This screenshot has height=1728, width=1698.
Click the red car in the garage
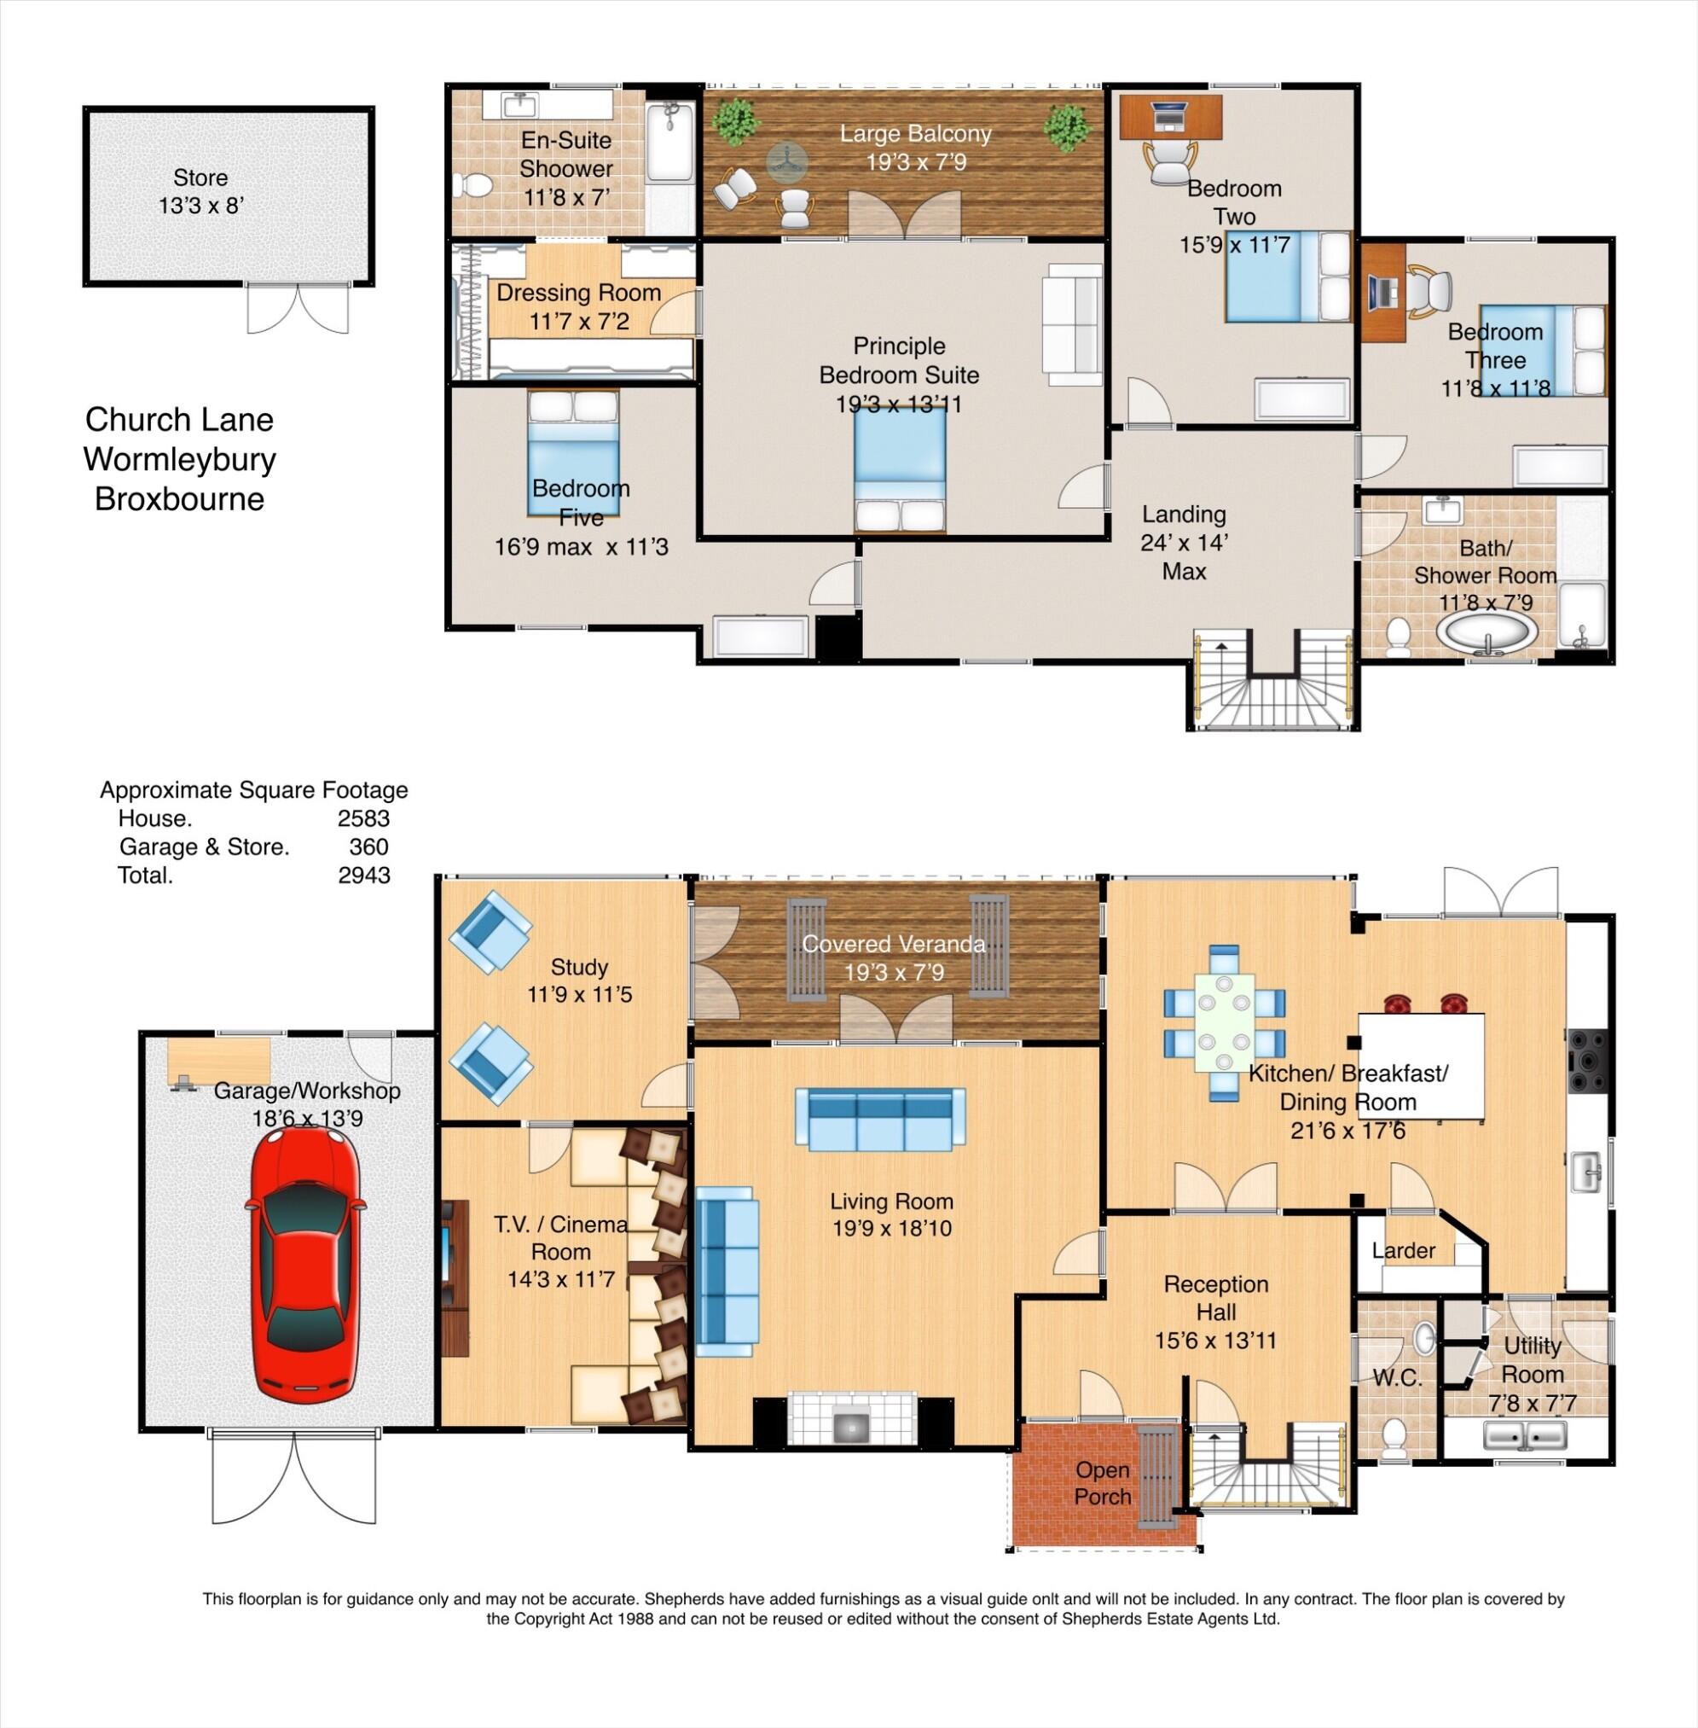click(x=304, y=1265)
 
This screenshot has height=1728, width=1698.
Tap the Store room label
click(x=200, y=177)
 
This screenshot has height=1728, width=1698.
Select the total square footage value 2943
click(x=364, y=876)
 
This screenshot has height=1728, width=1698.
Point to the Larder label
click(x=1403, y=1251)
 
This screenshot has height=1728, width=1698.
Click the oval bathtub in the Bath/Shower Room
click(x=1486, y=631)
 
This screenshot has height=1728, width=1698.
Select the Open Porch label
click(x=1102, y=1483)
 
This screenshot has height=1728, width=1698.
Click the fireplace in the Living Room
click(x=853, y=1418)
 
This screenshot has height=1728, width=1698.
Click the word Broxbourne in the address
click(x=179, y=498)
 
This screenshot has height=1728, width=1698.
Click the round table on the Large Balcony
click(x=786, y=161)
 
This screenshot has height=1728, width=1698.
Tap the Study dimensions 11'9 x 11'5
click(x=580, y=994)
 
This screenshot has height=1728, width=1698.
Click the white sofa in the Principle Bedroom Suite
click(x=1074, y=325)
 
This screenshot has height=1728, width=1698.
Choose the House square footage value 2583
click(x=363, y=818)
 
